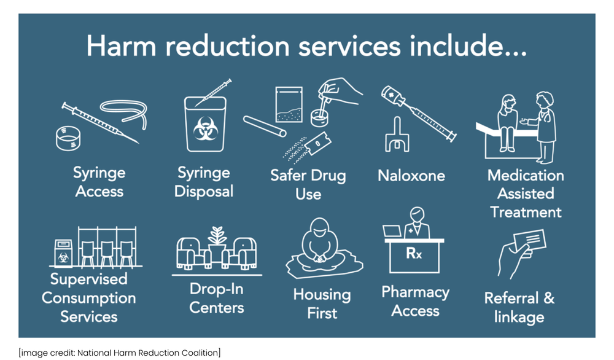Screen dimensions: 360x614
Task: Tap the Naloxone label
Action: click(x=411, y=176)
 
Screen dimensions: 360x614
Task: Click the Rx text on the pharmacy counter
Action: click(x=414, y=252)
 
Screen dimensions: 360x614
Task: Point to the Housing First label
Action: click(x=322, y=303)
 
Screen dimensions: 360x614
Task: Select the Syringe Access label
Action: click(x=99, y=182)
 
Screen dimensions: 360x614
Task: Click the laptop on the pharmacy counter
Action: click(x=392, y=232)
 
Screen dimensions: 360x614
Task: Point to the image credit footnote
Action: click(x=120, y=352)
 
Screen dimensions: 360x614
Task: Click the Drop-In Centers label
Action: click(x=217, y=298)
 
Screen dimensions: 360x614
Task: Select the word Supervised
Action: click(x=88, y=280)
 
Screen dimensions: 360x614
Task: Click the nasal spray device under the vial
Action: click(x=397, y=136)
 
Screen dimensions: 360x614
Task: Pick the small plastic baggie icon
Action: click(x=288, y=104)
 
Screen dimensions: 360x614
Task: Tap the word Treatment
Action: click(x=526, y=213)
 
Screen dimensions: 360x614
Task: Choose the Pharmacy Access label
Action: click(x=415, y=301)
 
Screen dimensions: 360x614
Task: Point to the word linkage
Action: click(x=519, y=317)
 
